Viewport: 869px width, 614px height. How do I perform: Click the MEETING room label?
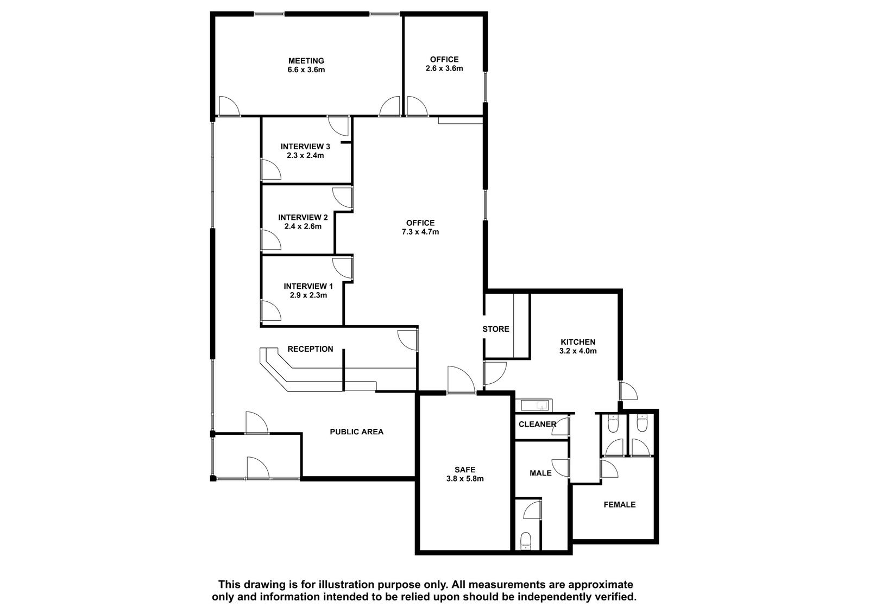(x=306, y=61)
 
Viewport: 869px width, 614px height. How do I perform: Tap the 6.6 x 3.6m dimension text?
(x=306, y=70)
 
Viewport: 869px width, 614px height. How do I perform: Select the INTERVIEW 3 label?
(x=305, y=147)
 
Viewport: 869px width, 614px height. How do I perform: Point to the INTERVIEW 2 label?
(x=303, y=217)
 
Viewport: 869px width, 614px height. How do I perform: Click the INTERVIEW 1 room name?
(x=308, y=286)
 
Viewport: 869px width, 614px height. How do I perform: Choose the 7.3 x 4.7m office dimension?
(x=420, y=232)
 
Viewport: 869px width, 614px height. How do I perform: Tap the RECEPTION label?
(x=310, y=349)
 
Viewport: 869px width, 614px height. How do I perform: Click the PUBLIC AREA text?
(x=356, y=432)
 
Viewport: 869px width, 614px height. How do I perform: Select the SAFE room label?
(x=465, y=470)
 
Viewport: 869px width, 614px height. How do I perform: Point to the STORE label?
(x=496, y=329)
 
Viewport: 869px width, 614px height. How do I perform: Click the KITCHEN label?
(x=578, y=342)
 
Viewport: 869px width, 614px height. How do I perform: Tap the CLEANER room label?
(x=538, y=425)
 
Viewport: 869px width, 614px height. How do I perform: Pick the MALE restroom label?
(x=541, y=473)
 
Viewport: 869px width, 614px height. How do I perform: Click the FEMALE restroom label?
(x=620, y=505)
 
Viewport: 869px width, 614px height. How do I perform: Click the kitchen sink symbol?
(x=534, y=406)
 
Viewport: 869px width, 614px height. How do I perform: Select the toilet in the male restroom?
(x=526, y=541)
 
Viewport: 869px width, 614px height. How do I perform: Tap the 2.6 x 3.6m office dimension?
(x=444, y=68)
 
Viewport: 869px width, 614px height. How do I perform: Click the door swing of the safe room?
(x=461, y=379)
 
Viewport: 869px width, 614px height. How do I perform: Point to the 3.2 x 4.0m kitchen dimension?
(x=578, y=351)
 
